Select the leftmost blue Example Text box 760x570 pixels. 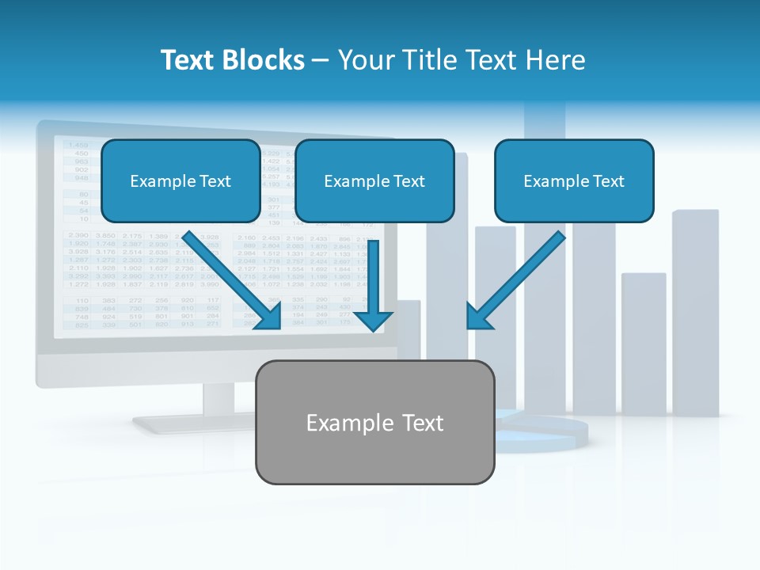point(180,181)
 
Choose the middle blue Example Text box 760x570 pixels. point(374,181)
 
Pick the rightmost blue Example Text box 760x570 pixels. point(574,181)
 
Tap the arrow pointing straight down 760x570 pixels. point(374,285)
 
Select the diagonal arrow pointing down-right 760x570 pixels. point(234,281)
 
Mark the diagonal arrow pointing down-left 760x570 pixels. point(515,281)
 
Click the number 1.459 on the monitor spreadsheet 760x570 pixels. point(78,145)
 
